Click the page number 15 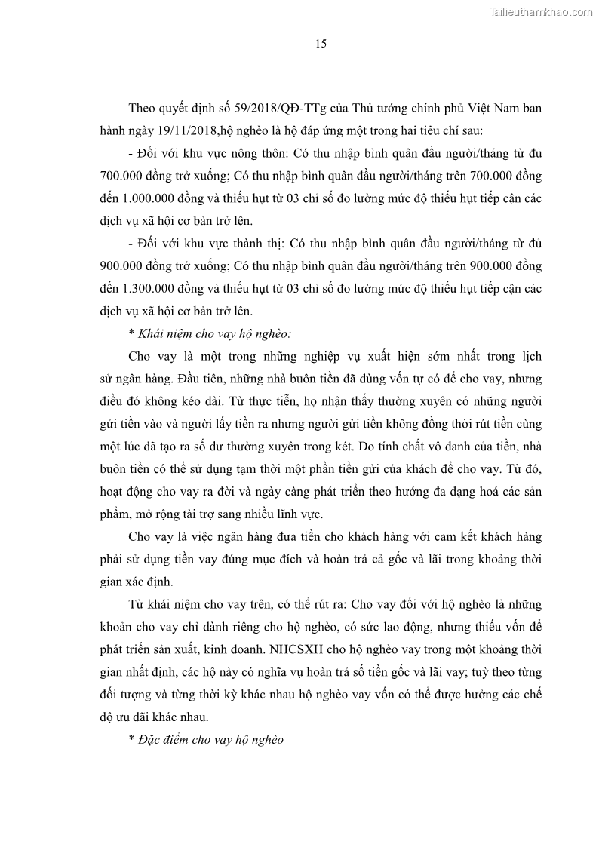(321, 44)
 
